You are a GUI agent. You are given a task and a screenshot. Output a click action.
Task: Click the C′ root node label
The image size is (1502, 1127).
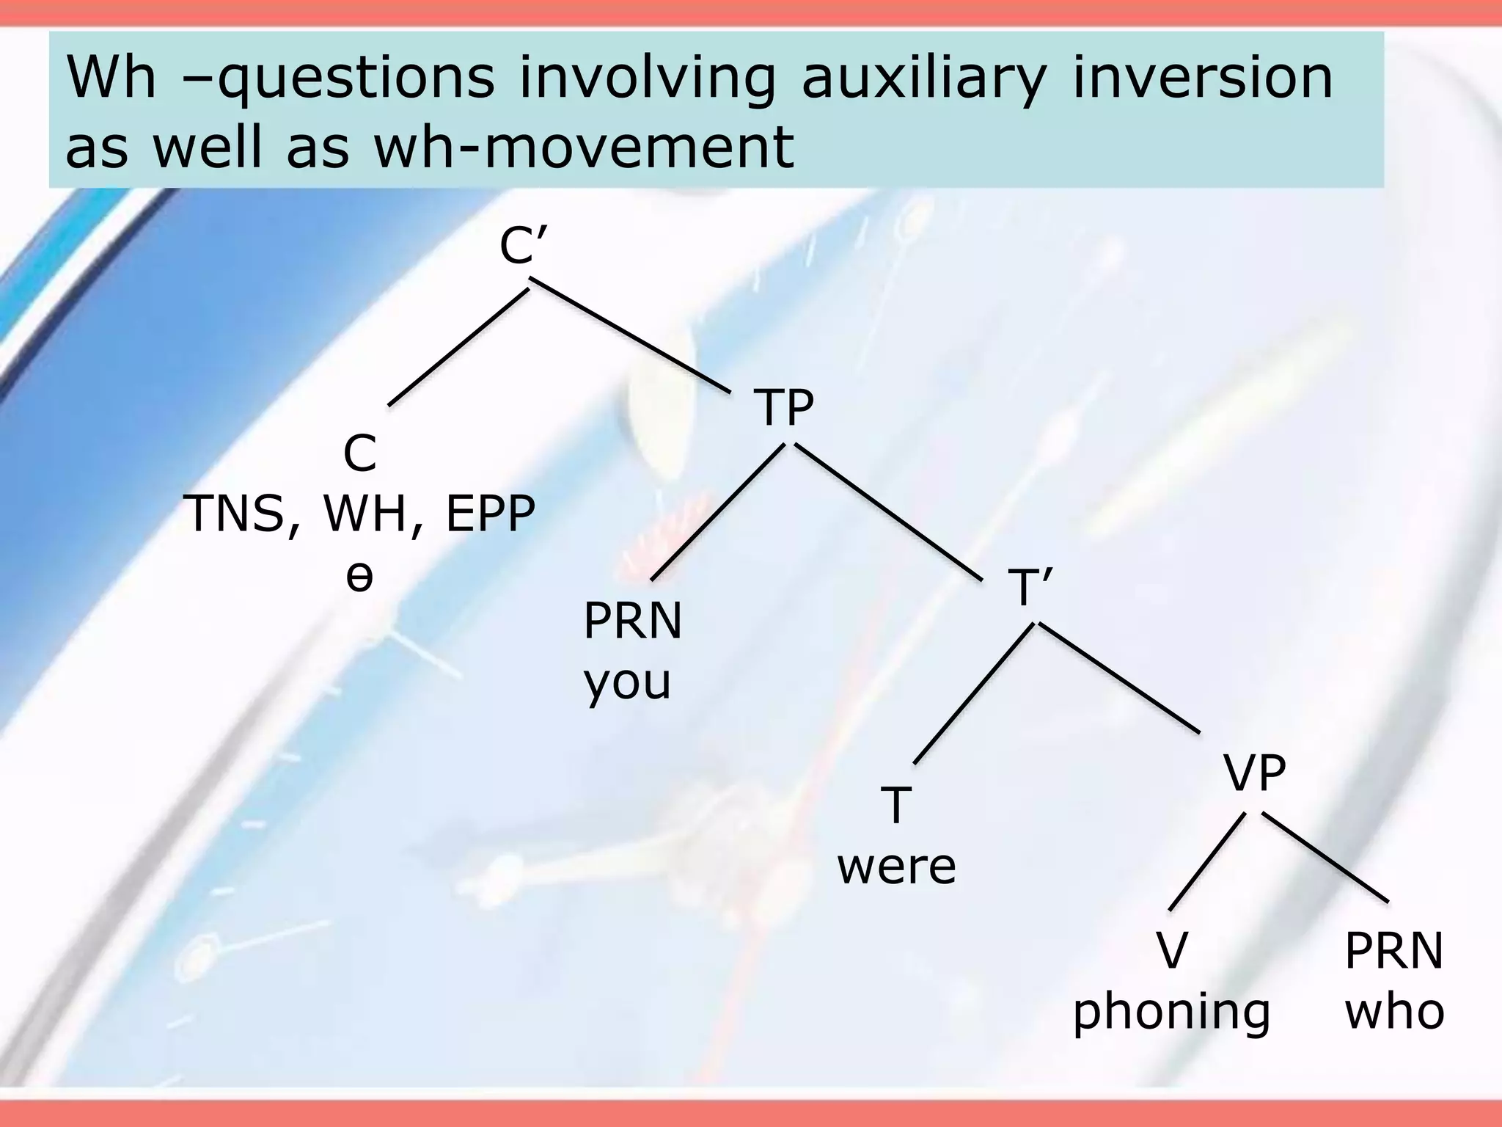(522, 246)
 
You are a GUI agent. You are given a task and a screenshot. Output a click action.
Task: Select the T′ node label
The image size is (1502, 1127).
(1030, 587)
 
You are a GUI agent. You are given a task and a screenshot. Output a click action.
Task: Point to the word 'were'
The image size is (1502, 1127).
(896, 867)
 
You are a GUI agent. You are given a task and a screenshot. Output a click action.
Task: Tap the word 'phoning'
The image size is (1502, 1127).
(1171, 1012)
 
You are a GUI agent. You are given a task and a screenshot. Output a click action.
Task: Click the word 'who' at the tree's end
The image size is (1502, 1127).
(1394, 1012)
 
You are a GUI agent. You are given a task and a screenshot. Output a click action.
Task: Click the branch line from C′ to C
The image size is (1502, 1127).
(458, 346)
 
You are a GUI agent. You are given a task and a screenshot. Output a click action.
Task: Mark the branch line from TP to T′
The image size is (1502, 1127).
(889, 512)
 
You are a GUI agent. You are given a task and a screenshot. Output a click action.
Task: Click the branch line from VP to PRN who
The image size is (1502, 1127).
(1325, 857)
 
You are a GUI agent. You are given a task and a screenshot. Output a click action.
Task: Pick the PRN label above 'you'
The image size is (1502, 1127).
(632, 621)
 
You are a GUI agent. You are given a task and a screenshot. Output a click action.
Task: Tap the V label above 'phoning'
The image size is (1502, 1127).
(1171, 951)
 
